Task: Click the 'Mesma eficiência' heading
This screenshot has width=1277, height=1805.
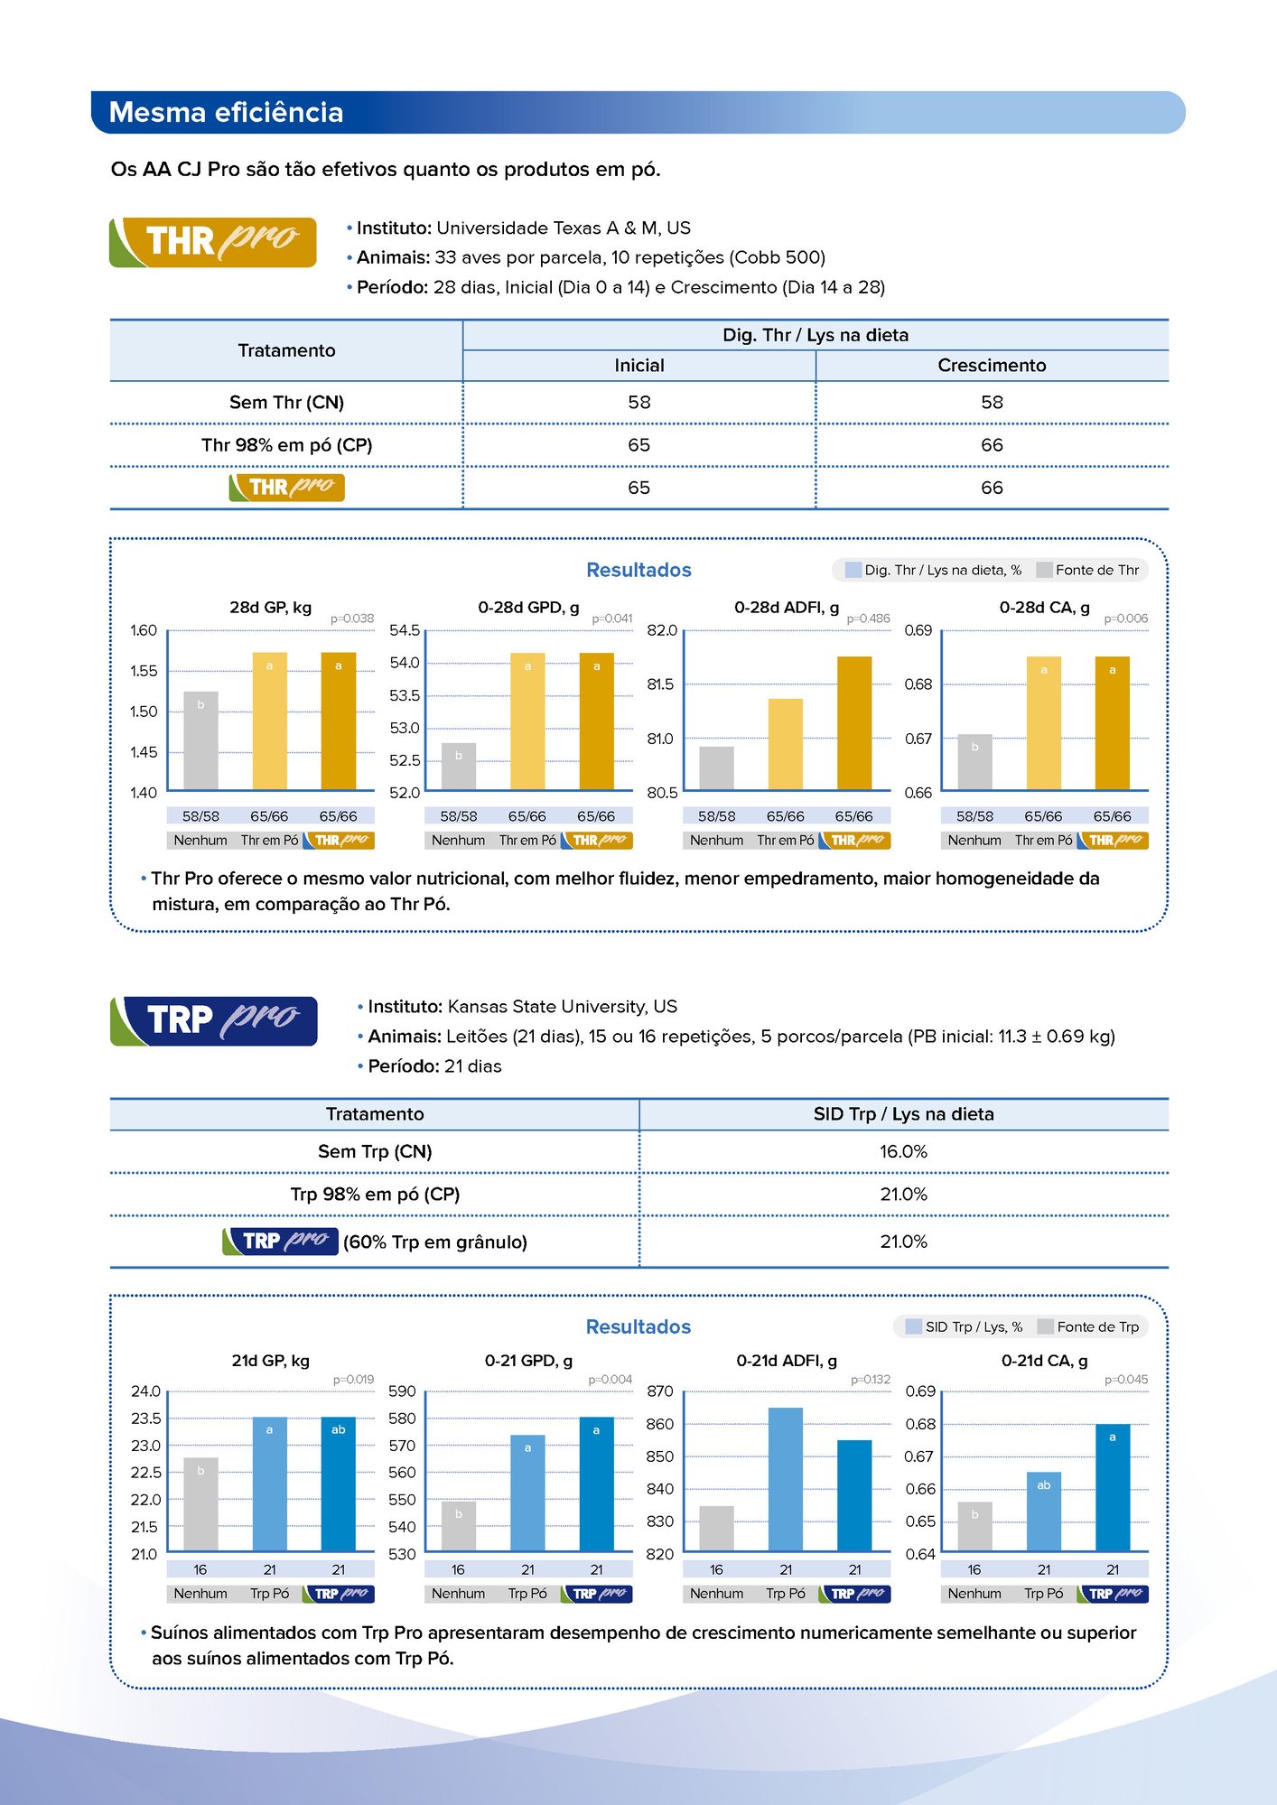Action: [226, 113]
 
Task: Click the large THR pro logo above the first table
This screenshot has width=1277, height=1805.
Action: [213, 242]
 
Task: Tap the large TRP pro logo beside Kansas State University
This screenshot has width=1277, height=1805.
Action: [214, 1020]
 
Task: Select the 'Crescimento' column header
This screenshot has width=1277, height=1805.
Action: [992, 366]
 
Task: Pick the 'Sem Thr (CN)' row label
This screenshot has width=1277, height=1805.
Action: [286, 403]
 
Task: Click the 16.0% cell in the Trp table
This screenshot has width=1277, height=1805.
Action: [903, 1152]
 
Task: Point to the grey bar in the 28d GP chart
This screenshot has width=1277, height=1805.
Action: [200, 740]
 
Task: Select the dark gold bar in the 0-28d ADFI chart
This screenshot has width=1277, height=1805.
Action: [854, 722]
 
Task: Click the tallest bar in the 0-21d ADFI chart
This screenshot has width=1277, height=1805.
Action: [786, 1479]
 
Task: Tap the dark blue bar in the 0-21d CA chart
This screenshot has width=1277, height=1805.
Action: [1113, 1487]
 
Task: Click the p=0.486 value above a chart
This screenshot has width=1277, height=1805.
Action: [868, 619]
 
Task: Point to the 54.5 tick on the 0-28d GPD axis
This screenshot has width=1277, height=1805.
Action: [405, 630]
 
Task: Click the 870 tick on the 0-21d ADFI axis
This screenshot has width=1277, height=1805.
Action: [660, 1391]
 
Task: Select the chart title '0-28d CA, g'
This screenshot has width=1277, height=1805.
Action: [1044, 608]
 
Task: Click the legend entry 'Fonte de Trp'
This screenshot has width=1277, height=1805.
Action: [1097, 1326]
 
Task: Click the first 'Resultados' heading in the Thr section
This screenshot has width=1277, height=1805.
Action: [638, 570]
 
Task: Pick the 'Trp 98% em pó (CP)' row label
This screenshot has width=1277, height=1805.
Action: [375, 1195]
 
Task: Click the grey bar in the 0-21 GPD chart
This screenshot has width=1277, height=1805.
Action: [459, 1526]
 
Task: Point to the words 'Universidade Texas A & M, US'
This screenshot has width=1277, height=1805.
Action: [564, 228]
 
